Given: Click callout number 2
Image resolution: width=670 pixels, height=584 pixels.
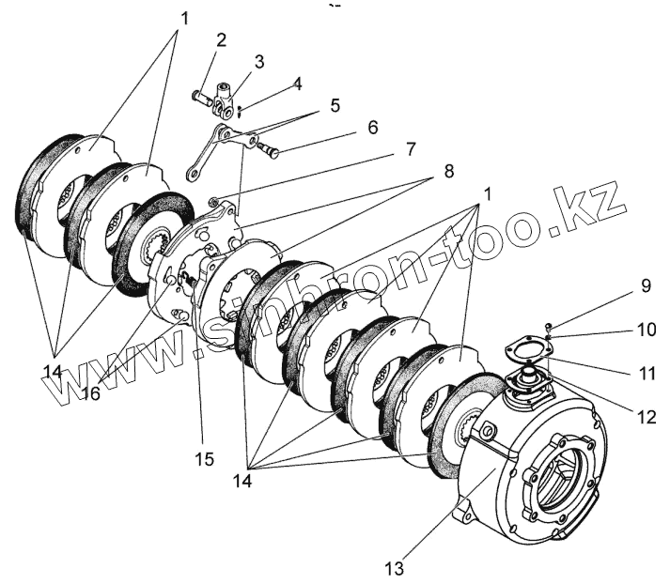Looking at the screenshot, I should pyautogui.click(x=221, y=40).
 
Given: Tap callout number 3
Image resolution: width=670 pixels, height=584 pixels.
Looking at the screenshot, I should pyautogui.click(x=258, y=61).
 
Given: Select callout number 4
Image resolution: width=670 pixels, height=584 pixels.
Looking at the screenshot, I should pyautogui.click(x=296, y=83).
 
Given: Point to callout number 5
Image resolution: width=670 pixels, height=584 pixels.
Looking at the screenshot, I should pyautogui.click(x=335, y=105).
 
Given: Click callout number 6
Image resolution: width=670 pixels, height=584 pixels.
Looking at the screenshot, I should pyautogui.click(x=372, y=127).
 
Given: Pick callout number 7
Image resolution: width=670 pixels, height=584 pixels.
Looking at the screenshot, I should pyautogui.click(x=410, y=149).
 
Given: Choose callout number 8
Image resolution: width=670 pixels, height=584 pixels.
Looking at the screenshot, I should pyautogui.click(x=447, y=173).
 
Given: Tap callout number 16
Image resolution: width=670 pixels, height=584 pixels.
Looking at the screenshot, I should pyautogui.click(x=90, y=394).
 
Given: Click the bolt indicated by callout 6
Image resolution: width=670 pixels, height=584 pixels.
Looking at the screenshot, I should pyautogui.click(x=271, y=148).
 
